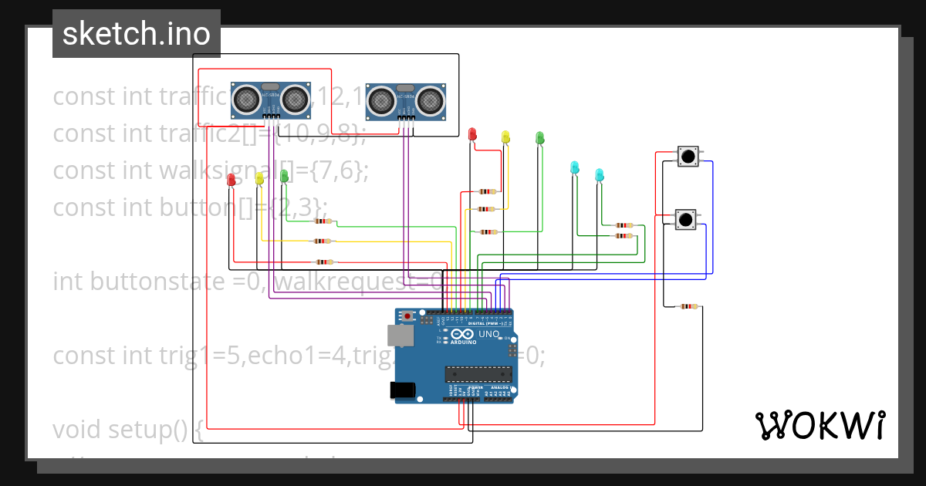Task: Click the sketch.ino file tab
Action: (136, 34)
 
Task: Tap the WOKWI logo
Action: (819, 425)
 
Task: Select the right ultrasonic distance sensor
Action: (406, 100)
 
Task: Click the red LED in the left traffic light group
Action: (231, 180)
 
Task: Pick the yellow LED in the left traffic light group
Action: (259, 178)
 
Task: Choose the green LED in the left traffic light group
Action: (284, 176)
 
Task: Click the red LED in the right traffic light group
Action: (472, 135)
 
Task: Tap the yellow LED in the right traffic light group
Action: (505, 137)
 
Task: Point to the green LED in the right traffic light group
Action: (540, 137)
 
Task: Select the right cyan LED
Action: (599, 174)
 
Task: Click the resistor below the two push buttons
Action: (686, 306)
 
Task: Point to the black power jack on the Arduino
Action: (403, 390)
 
